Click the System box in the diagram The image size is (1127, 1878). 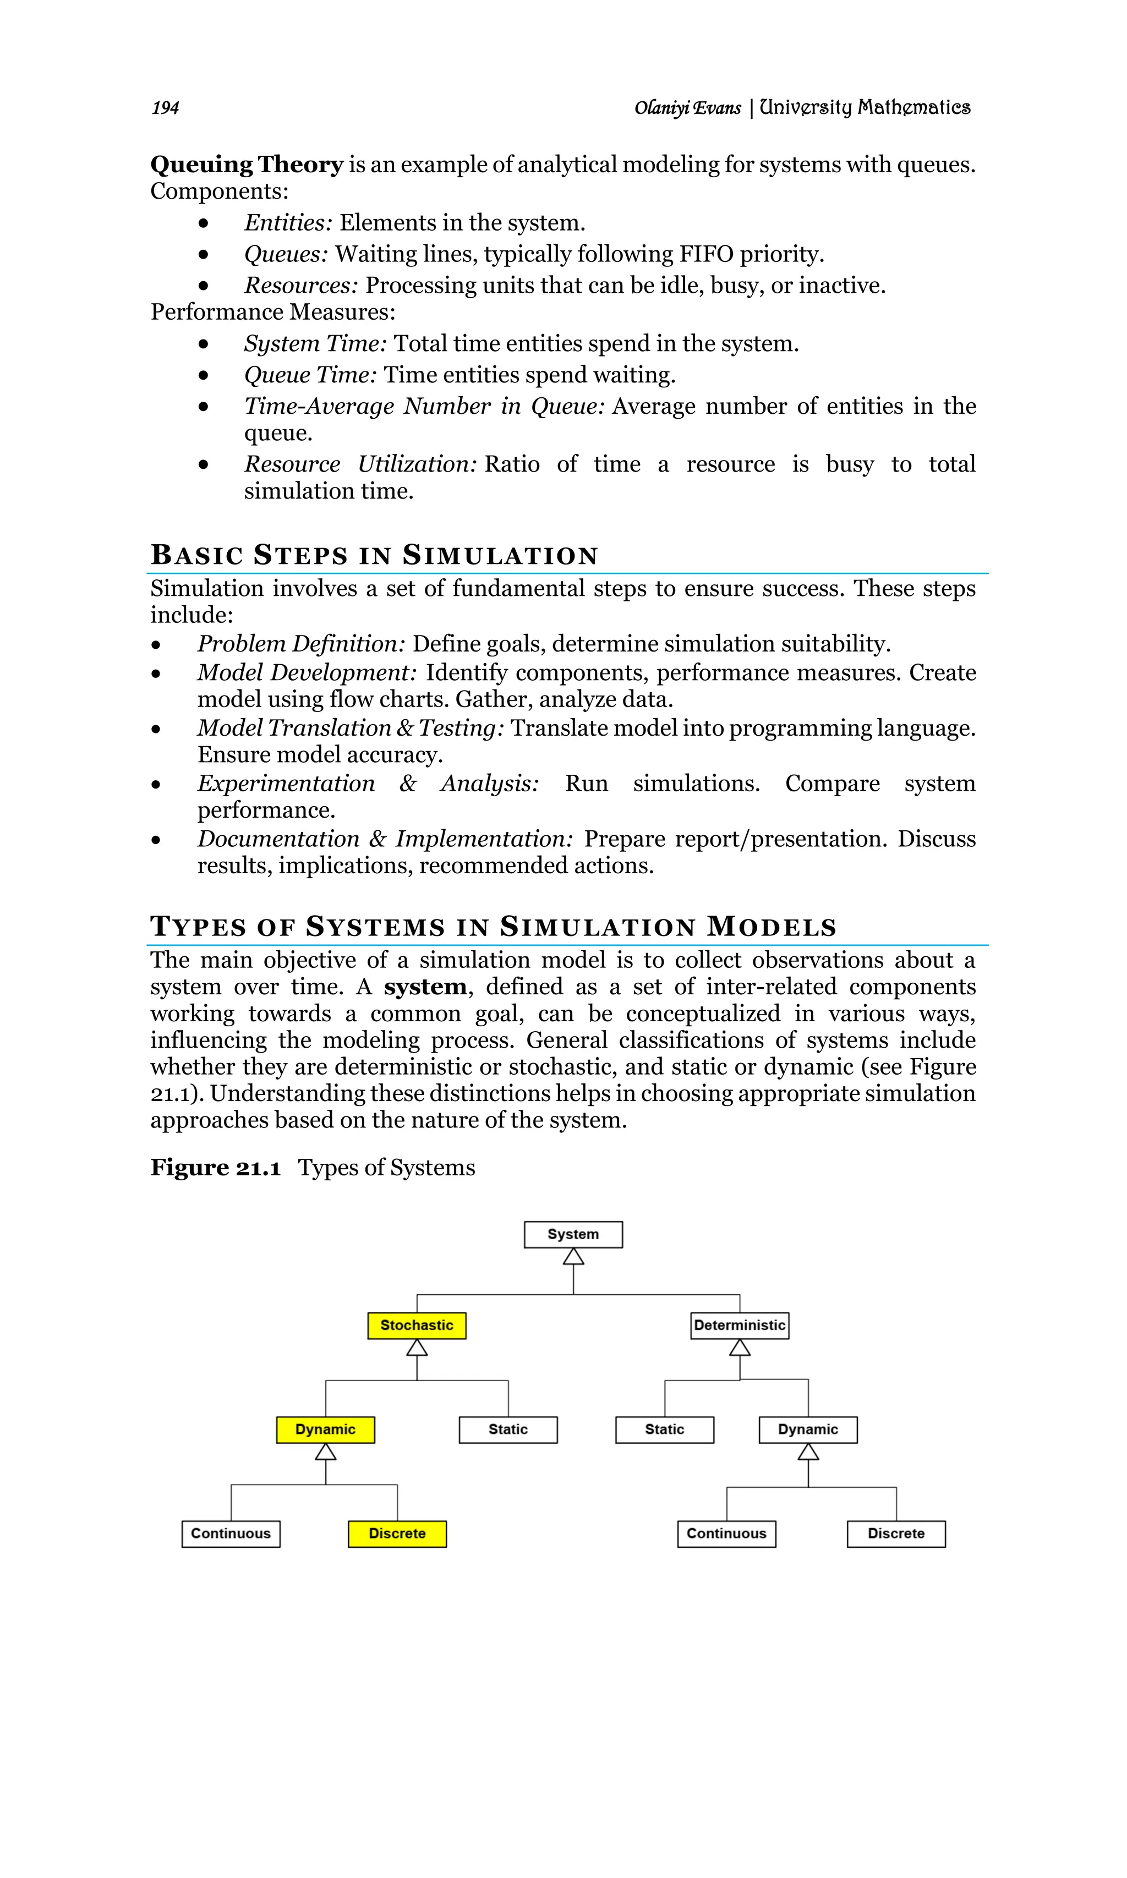(x=573, y=1234)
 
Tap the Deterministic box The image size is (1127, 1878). (x=739, y=1325)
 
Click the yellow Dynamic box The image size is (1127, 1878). (x=325, y=1429)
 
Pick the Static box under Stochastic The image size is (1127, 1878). (x=507, y=1429)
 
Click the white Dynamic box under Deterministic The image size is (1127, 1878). (x=807, y=1429)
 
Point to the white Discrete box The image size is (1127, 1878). (x=895, y=1533)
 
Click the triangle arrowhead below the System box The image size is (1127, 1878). (x=573, y=1257)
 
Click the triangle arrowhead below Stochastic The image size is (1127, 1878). (x=417, y=1348)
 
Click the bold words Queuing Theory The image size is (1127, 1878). (x=247, y=164)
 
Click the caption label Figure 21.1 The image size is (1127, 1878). (x=216, y=1167)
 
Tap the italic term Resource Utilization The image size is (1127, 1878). (x=359, y=464)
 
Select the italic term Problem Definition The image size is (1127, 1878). (x=301, y=644)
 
